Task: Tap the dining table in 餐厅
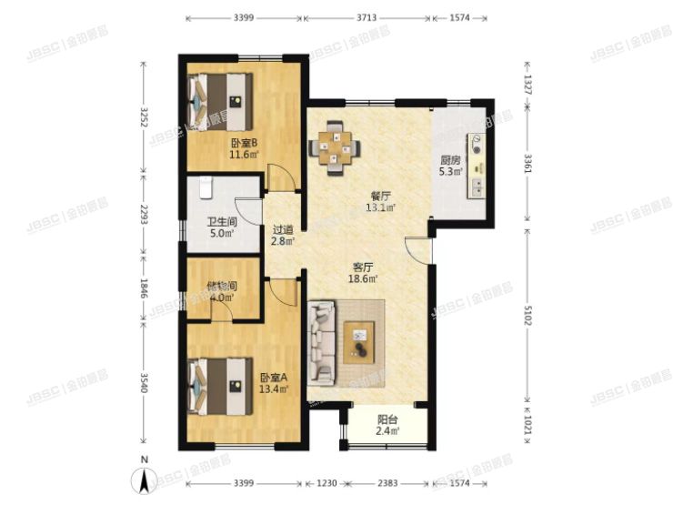(x=336, y=146)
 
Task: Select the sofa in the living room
(x=324, y=343)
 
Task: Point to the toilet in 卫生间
(x=206, y=188)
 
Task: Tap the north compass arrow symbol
(x=141, y=480)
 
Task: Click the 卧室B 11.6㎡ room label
(x=244, y=148)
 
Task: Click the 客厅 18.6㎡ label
(x=364, y=273)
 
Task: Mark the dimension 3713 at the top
(x=367, y=16)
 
